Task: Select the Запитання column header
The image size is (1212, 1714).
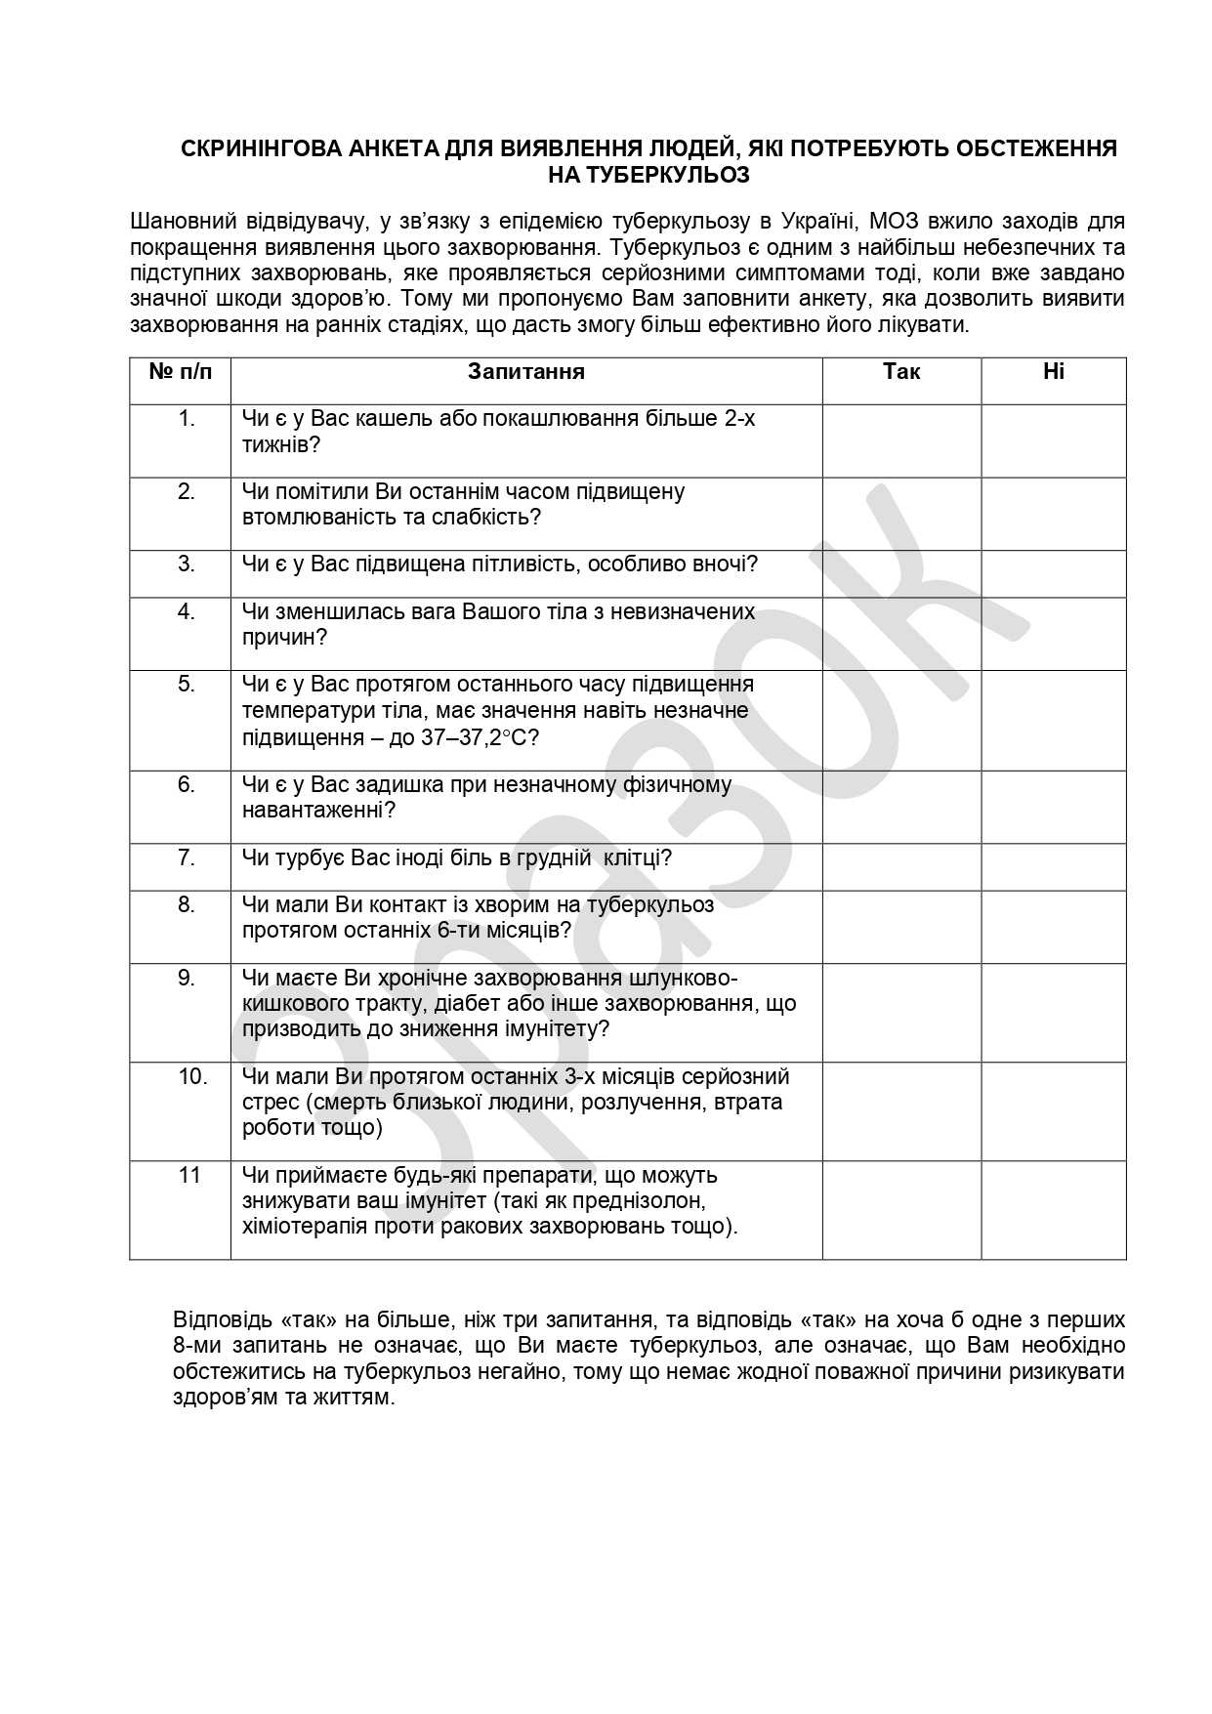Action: click(x=525, y=372)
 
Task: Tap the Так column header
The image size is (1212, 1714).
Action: click(x=900, y=372)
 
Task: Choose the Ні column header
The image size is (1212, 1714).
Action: click(x=1053, y=372)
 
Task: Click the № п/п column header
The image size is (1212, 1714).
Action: click(x=180, y=372)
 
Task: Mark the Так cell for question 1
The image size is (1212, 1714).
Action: click(x=900, y=440)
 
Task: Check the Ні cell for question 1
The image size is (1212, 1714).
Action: click(x=1053, y=440)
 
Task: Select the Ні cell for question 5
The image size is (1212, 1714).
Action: click(x=1053, y=720)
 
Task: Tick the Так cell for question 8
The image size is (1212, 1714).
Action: click(x=900, y=926)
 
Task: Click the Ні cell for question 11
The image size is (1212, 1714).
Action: click(x=1053, y=1209)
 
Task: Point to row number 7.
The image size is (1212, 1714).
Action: click(x=186, y=858)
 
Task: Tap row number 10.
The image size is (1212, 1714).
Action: click(x=192, y=1077)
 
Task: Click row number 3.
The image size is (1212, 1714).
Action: click(x=186, y=564)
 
